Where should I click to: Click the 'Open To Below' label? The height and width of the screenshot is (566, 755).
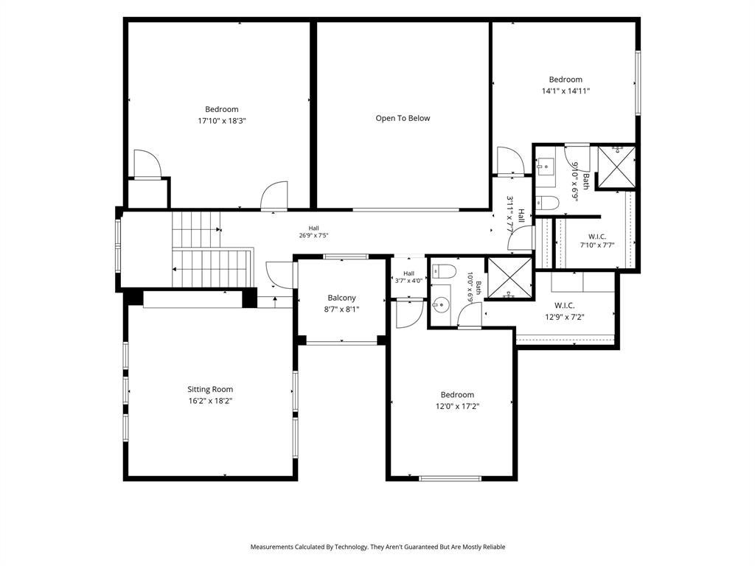coord(403,118)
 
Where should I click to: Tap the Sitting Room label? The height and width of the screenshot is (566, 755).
coord(210,389)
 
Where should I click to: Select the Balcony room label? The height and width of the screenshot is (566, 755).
coord(341,298)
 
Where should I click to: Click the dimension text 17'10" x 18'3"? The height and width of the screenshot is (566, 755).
coord(221,121)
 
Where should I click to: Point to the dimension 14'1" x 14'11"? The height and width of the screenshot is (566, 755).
coord(566,91)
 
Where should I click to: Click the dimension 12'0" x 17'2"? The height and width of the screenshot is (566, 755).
coord(457,406)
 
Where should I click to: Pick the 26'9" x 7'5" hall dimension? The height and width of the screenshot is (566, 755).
coord(313,235)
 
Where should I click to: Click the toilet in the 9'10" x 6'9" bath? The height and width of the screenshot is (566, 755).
coord(547,203)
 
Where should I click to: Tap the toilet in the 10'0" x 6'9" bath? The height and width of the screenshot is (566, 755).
coord(443,271)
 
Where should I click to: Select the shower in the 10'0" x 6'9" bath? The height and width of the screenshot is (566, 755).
coord(509,278)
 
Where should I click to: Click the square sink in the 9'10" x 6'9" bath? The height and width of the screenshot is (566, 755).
coord(546,168)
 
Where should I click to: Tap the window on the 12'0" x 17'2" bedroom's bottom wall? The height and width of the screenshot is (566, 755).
coord(450,478)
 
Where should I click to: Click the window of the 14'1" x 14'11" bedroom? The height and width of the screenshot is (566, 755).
coord(638,83)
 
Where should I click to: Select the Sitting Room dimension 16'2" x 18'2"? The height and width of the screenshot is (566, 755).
coord(210,401)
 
